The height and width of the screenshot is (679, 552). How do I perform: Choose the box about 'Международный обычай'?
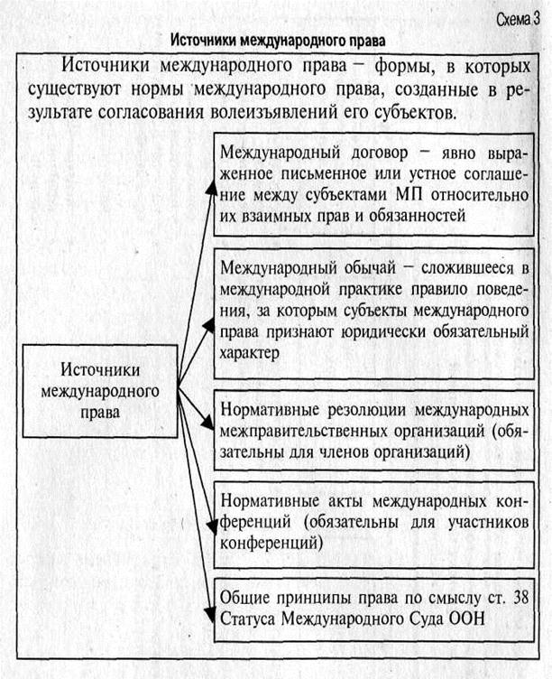(376, 309)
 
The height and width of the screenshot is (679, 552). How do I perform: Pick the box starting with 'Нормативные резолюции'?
(376, 430)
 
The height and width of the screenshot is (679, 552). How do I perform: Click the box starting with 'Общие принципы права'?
(376, 608)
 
